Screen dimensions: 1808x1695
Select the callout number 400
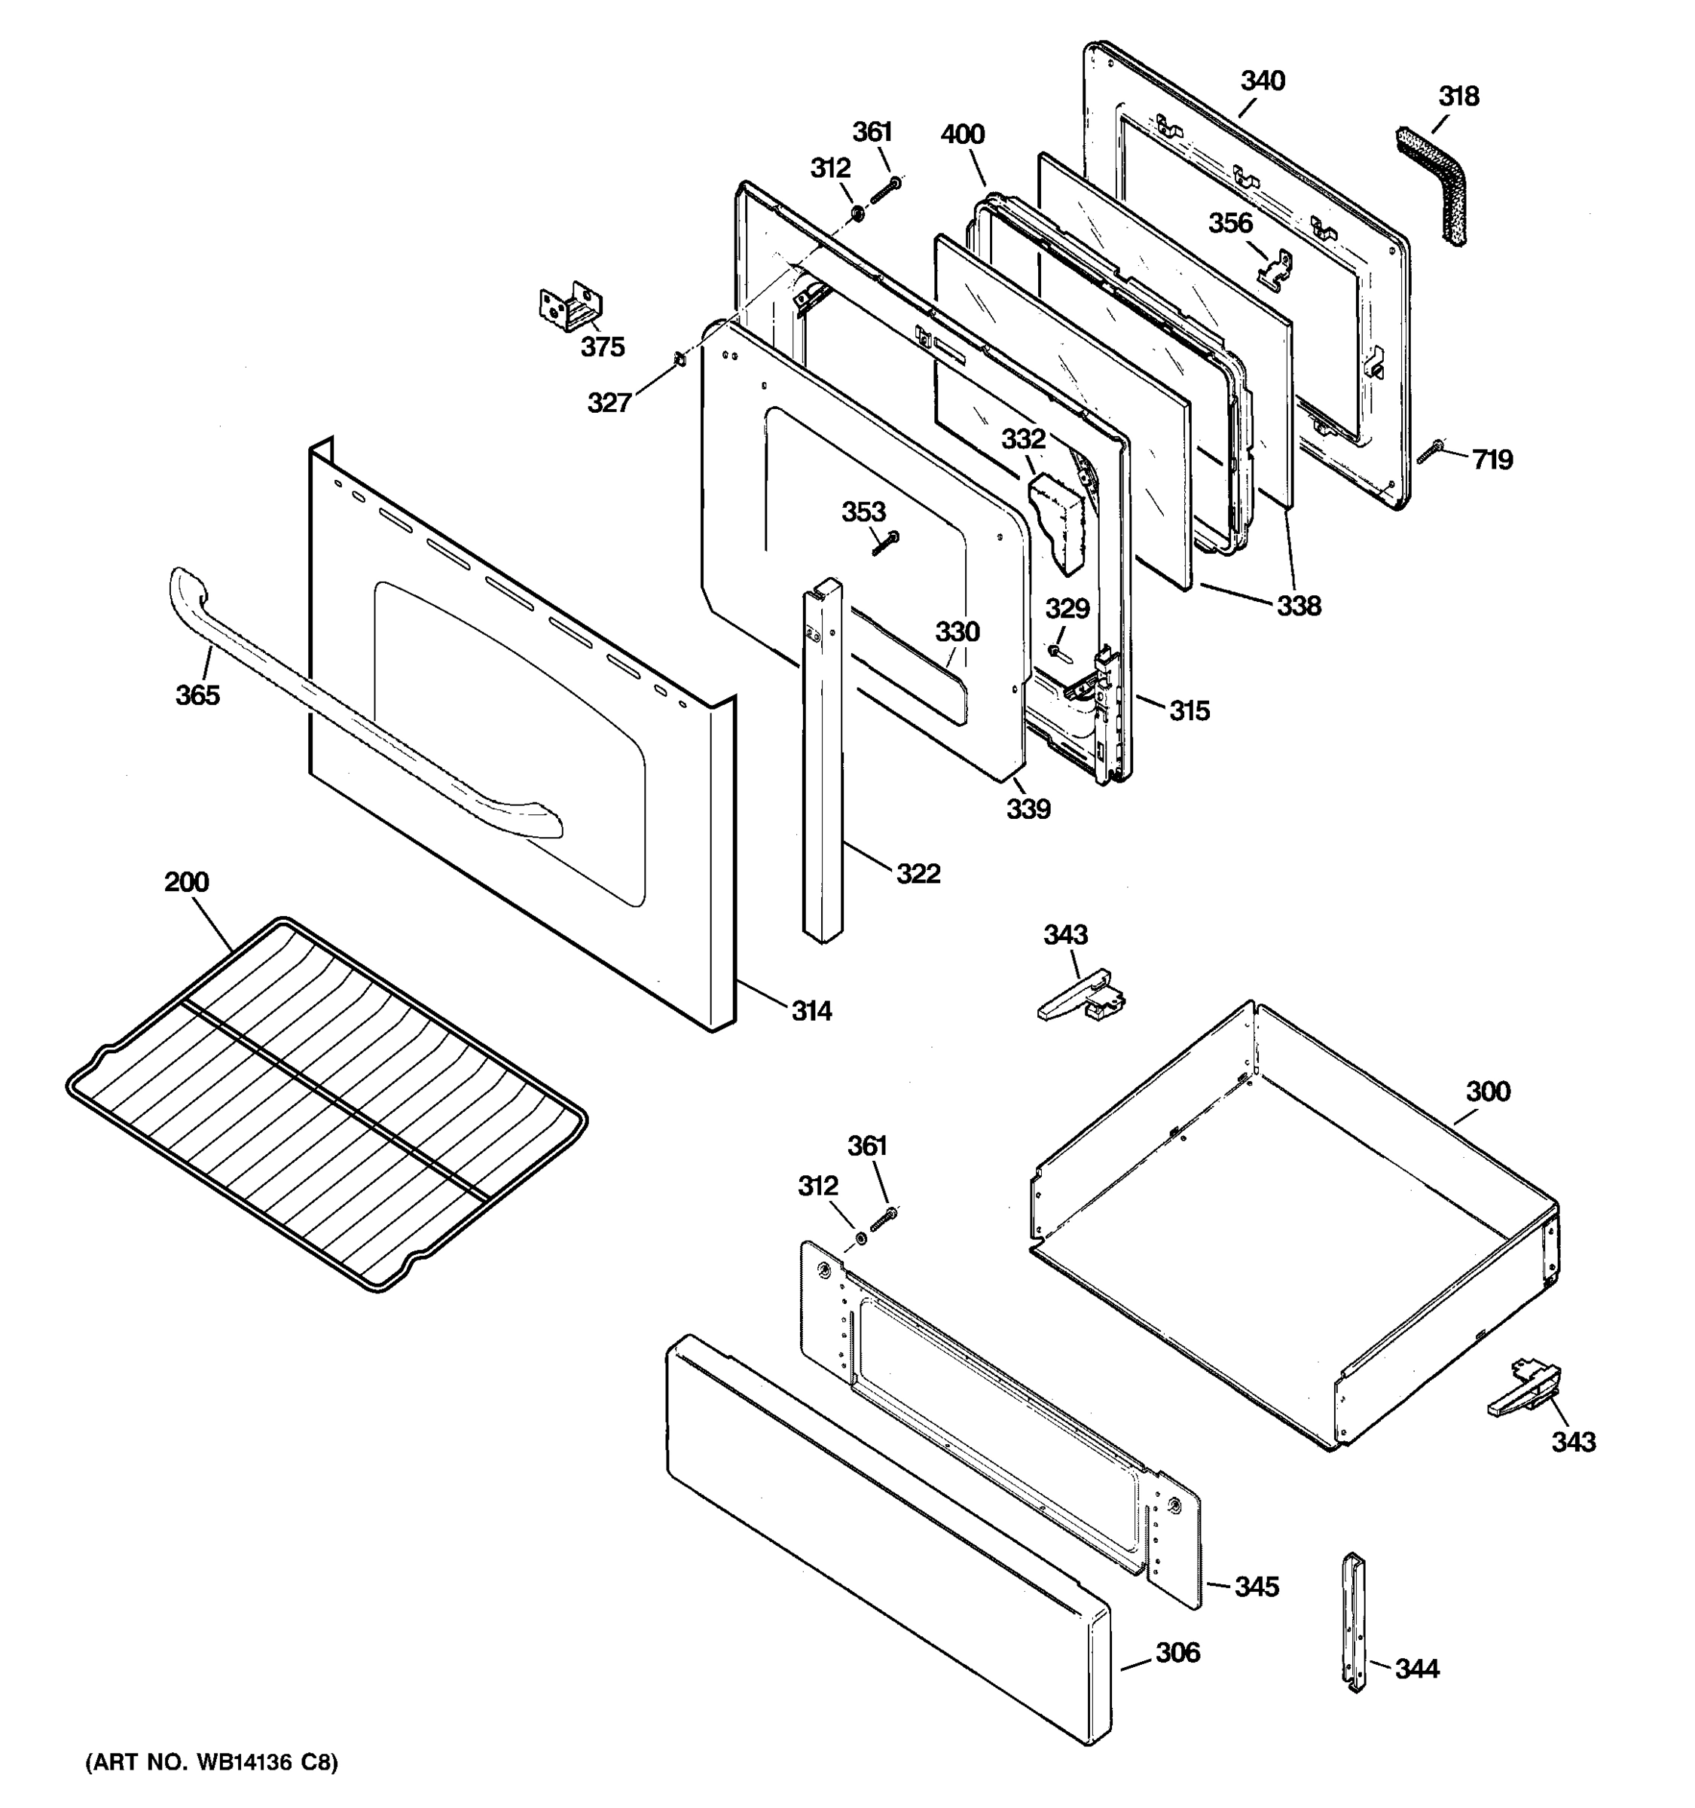coord(962,135)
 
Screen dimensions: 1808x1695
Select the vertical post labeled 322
coord(822,764)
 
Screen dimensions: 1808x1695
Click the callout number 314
coord(811,1010)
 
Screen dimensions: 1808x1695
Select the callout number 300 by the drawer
coord(1488,1092)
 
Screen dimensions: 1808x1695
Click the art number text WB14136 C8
coord(212,1764)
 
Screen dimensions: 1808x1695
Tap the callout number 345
coord(1257,1587)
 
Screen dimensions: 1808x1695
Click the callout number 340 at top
coord(1263,81)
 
